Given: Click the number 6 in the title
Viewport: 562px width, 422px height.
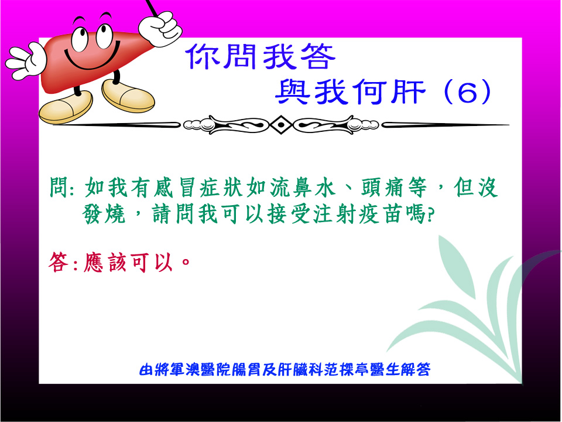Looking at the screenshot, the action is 468,91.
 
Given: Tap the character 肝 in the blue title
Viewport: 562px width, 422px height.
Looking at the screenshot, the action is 408,91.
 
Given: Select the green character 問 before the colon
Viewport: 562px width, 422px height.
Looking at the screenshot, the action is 59,187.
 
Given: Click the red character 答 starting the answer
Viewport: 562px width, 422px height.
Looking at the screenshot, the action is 59,261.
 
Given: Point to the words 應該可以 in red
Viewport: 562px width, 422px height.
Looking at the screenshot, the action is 128,263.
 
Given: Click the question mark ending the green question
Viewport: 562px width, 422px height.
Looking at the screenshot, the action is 430,216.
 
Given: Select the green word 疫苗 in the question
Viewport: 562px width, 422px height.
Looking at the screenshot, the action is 380,214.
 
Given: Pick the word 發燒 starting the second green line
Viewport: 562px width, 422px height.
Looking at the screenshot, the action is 104,214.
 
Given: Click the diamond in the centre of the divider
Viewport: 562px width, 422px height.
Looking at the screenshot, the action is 282,124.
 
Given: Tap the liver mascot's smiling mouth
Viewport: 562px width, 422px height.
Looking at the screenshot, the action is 92,57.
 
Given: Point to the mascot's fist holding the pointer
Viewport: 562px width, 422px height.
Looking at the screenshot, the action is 160,29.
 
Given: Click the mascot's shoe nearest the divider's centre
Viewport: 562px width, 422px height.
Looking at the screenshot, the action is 128,96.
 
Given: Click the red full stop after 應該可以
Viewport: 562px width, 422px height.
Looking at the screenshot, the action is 186,261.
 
